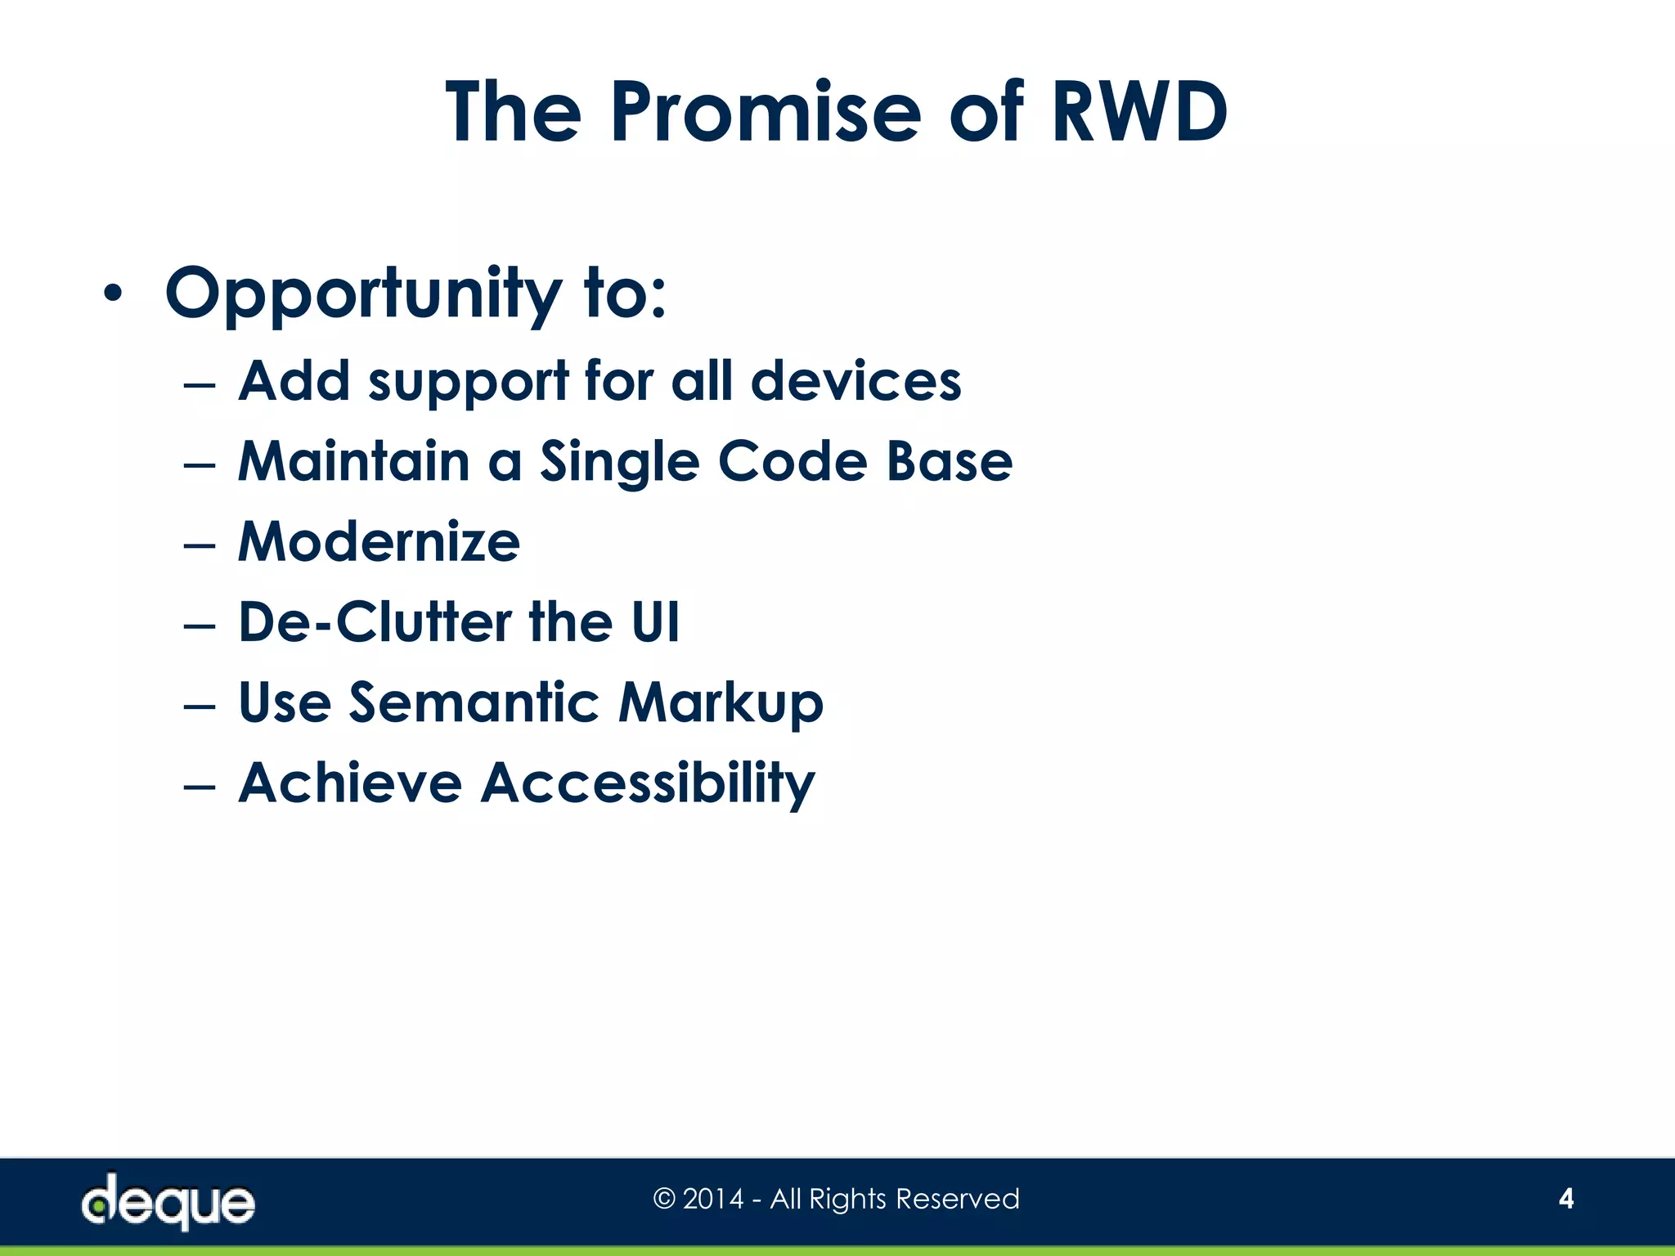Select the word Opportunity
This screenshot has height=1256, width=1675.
coord(363,294)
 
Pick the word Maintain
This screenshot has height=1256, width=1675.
coord(353,461)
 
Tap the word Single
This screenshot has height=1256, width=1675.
coord(619,463)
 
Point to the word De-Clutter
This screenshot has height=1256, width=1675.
coord(374,622)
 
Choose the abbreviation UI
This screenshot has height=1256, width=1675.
coord(654,622)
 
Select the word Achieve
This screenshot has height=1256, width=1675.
coord(350,783)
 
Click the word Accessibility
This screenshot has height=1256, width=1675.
coord(647,784)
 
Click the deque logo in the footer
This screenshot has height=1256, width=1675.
coord(168,1201)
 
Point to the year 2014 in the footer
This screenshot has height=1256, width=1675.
coord(712,1199)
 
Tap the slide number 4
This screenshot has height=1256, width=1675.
coord(1565,1199)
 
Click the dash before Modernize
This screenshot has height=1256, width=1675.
coord(200,545)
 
